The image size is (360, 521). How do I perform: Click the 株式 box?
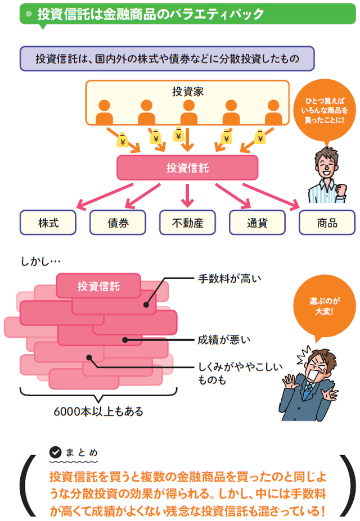click(x=48, y=222)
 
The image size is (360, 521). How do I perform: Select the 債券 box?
click(x=118, y=222)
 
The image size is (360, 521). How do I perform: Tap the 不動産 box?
click(x=187, y=222)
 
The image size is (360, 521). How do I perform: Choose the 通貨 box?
click(x=257, y=222)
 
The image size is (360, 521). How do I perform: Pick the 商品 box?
click(x=327, y=222)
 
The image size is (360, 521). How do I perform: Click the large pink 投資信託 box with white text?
click(x=187, y=167)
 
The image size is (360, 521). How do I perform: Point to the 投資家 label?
click(x=187, y=91)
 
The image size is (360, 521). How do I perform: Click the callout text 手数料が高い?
click(x=223, y=278)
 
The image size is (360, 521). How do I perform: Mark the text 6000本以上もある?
click(x=98, y=411)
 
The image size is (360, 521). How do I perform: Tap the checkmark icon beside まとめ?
click(x=55, y=451)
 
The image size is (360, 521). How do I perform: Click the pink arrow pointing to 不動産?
click(x=187, y=194)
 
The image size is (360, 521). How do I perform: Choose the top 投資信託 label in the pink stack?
click(x=98, y=287)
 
